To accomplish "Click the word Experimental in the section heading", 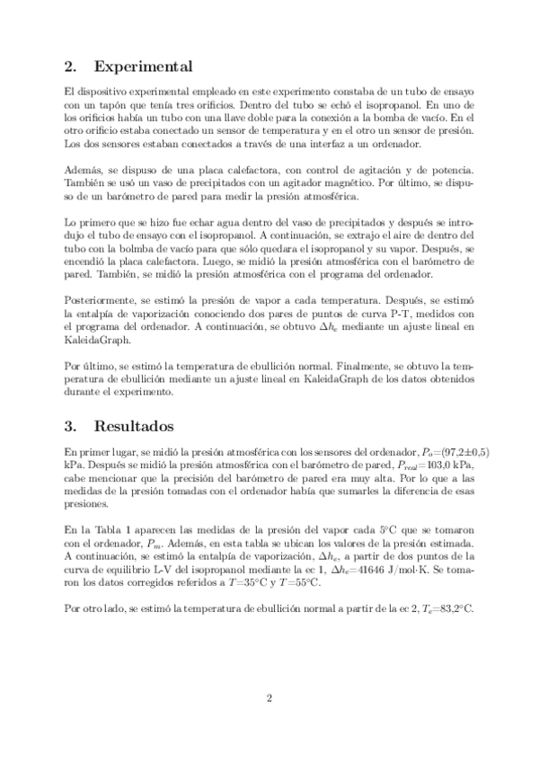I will [143, 66].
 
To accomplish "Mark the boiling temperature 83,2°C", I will [455, 607].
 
